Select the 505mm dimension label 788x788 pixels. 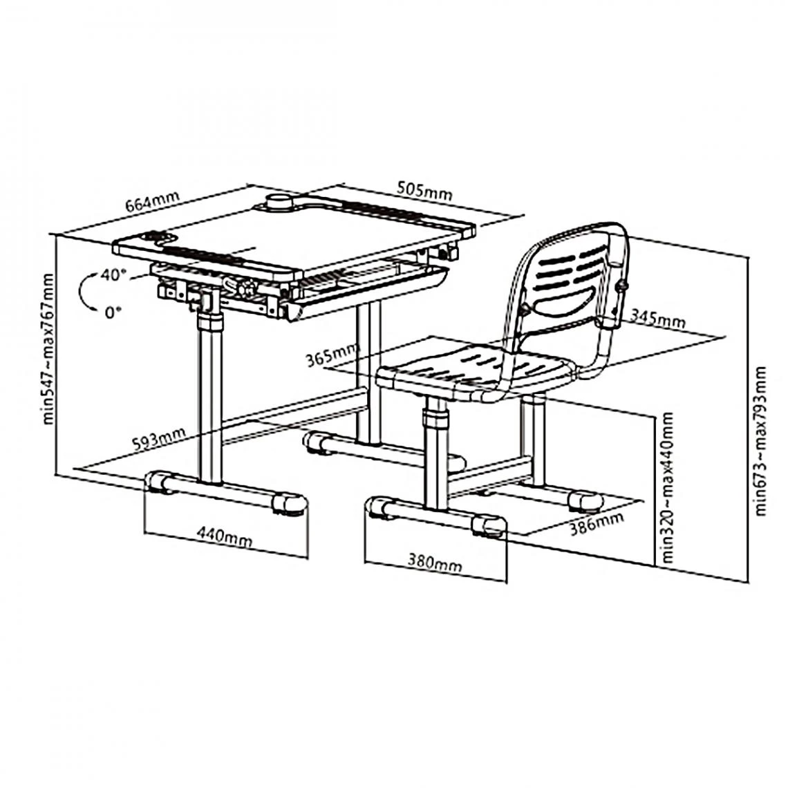[x=424, y=190]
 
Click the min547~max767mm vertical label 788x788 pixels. [x=48, y=349]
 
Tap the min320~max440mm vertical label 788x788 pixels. [x=667, y=488]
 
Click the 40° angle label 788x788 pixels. [x=114, y=274]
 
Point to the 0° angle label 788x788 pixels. [x=113, y=312]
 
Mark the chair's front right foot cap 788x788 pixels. [x=488, y=526]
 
